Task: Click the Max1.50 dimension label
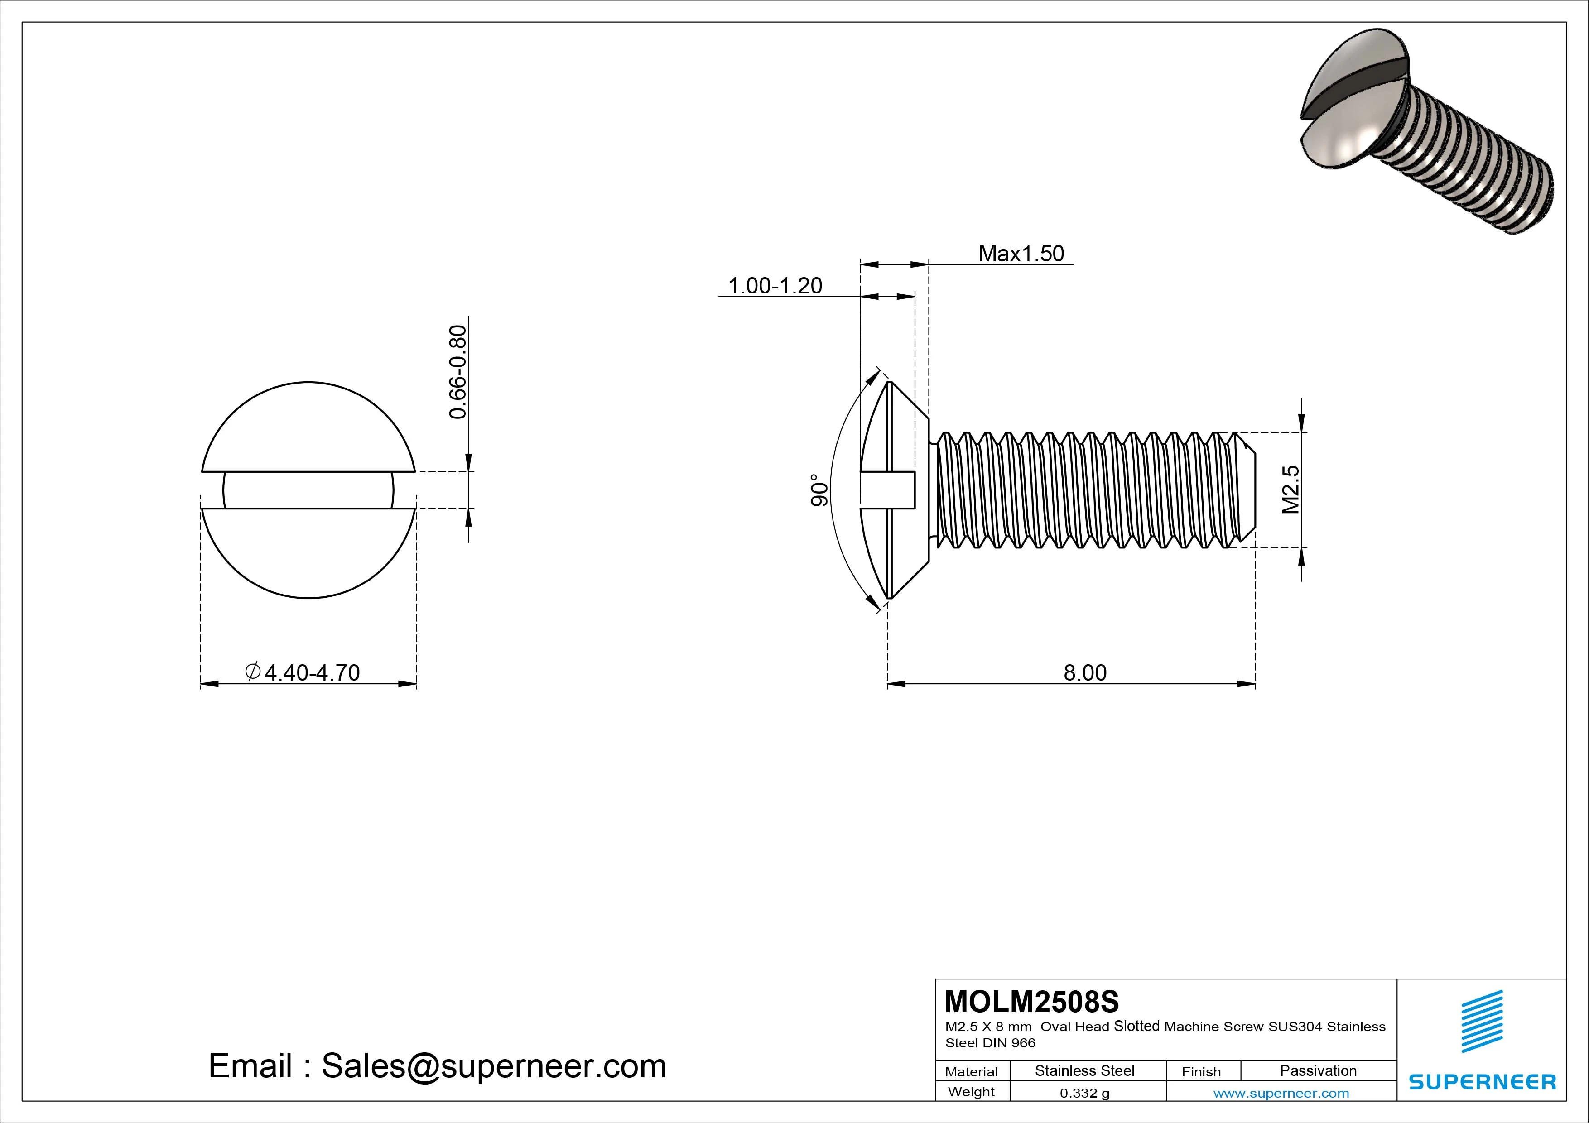coord(1021,254)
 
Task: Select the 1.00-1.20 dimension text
coord(775,286)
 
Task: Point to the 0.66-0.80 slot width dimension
coord(458,372)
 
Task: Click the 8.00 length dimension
coord(1084,672)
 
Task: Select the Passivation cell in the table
coord(1318,1070)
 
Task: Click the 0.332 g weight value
coord(1084,1093)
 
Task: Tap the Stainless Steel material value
coord(1084,1070)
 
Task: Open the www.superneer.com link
coord(1281,1093)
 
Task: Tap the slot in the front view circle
coord(308,490)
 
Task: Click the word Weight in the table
coord(971,1092)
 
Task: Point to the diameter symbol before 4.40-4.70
coord(253,671)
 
